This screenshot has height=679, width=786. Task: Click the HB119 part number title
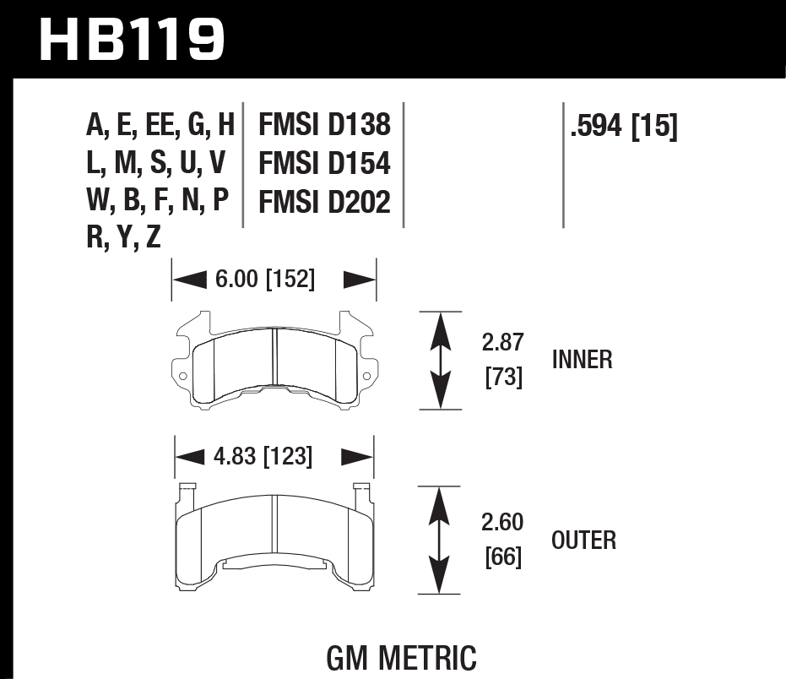pyautogui.click(x=133, y=39)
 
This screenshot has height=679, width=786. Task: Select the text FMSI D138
pyautogui.click(x=324, y=126)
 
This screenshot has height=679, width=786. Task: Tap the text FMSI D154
pyautogui.click(x=324, y=164)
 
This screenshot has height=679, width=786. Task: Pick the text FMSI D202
pyautogui.click(x=324, y=203)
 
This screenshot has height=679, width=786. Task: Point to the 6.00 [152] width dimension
pyautogui.click(x=264, y=280)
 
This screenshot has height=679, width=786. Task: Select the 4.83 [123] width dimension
pyautogui.click(x=263, y=458)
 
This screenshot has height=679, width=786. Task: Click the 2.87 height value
pyautogui.click(x=503, y=343)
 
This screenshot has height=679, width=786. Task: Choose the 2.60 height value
pyautogui.click(x=502, y=522)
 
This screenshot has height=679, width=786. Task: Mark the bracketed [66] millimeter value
pyautogui.click(x=503, y=557)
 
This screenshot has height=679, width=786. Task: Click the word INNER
pyautogui.click(x=582, y=361)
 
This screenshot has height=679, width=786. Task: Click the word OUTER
pyautogui.click(x=583, y=540)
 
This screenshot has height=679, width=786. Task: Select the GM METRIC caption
pyautogui.click(x=400, y=656)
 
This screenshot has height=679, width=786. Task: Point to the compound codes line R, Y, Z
pyautogui.click(x=123, y=240)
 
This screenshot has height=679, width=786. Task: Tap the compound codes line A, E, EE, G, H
pyautogui.click(x=160, y=126)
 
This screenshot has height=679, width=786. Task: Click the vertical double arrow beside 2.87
pyautogui.click(x=439, y=361)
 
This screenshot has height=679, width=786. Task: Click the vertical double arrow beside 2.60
pyautogui.click(x=439, y=540)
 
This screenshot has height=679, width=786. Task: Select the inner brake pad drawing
pyautogui.click(x=274, y=363)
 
